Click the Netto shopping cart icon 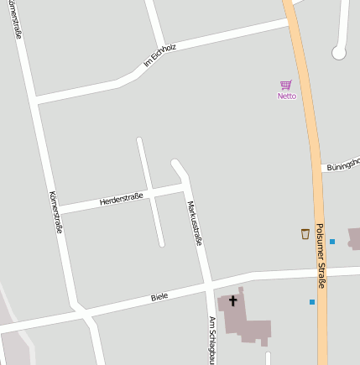click(x=286, y=85)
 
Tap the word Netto click(x=286, y=96)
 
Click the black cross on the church click(x=232, y=300)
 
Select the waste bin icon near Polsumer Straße click(x=305, y=234)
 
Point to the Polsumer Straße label click(x=321, y=261)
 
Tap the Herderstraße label click(x=121, y=199)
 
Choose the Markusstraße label click(x=195, y=222)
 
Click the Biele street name click(x=159, y=297)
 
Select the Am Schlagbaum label click(x=212, y=339)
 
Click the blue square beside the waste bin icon click(x=332, y=242)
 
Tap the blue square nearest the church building click(x=312, y=301)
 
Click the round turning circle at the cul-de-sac click(x=339, y=53)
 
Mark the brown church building click(x=243, y=317)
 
